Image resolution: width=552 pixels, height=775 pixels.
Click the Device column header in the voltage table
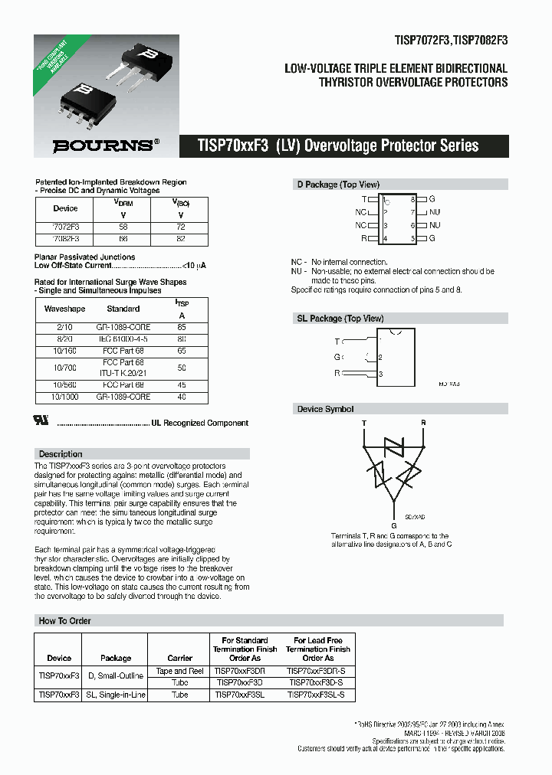[65, 208]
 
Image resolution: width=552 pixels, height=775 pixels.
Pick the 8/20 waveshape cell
[64, 338]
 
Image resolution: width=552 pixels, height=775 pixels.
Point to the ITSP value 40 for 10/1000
[182, 397]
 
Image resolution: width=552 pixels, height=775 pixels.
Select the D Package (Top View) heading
[338, 185]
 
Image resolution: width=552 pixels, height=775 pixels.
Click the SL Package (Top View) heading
[340, 318]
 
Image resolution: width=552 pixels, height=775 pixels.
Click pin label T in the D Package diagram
[364, 199]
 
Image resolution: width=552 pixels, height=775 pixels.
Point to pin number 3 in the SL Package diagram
[380, 374]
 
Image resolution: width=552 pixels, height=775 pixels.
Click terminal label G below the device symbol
[394, 525]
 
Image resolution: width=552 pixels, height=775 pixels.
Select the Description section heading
[61, 454]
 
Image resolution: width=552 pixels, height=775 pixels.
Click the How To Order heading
[64, 620]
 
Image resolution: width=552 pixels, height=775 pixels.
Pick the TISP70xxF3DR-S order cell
[318, 671]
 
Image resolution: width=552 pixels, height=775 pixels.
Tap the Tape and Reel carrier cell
[179, 671]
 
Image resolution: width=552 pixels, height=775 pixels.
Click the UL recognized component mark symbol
[43, 422]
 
